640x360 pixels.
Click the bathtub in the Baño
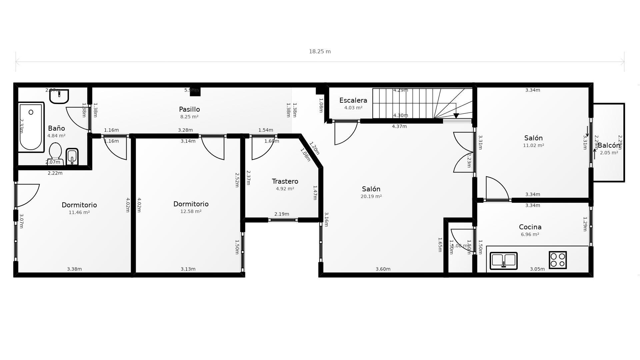click(31, 127)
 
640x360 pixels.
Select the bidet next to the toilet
click(72, 156)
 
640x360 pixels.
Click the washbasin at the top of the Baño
click(59, 96)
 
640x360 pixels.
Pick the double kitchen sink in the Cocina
click(503, 260)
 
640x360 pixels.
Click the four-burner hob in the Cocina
click(558, 260)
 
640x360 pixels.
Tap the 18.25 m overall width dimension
click(320, 52)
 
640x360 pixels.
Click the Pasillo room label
click(189, 109)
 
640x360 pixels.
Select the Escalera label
click(353, 100)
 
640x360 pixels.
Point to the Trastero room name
click(285, 181)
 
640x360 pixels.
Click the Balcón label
click(609, 146)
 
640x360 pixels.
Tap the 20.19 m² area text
click(371, 197)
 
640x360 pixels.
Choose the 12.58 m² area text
click(191, 212)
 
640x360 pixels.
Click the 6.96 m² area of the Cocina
click(530, 235)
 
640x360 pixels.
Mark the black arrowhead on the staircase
click(456, 116)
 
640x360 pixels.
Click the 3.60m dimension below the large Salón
click(383, 269)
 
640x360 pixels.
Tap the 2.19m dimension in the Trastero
click(282, 214)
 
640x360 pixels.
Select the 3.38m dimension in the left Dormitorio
click(74, 269)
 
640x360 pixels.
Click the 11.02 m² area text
click(533, 146)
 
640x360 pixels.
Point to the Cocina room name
click(530, 227)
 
